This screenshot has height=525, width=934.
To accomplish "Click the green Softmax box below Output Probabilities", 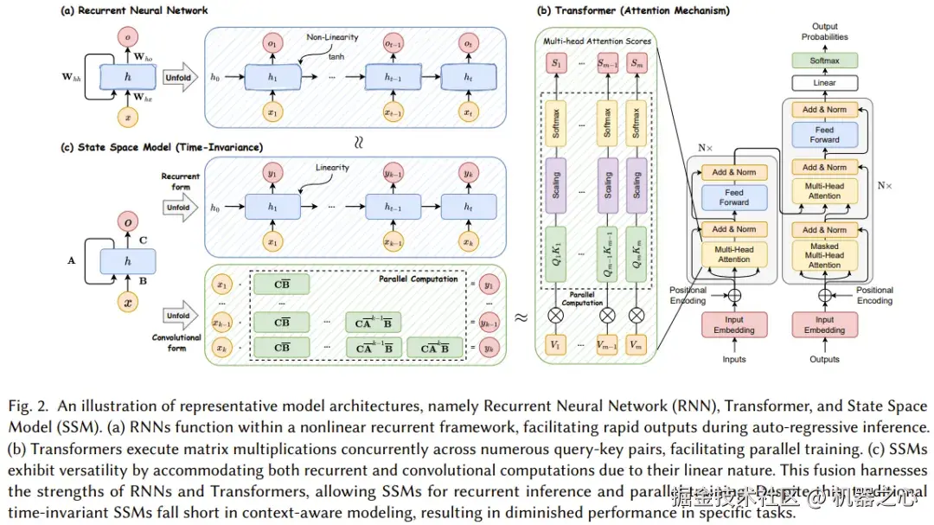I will (x=824, y=61).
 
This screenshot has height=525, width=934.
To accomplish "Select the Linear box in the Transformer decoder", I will (x=824, y=83).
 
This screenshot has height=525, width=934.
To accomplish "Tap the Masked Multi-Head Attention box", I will (x=824, y=255).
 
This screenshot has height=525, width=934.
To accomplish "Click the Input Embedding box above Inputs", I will (x=733, y=324).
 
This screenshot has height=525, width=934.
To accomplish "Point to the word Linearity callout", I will (x=332, y=168).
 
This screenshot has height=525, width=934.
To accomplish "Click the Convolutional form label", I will (x=177, y=343).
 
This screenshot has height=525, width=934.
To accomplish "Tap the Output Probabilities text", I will (x=824, y=32).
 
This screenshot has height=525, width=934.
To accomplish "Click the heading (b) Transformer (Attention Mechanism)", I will (x=633, y=10).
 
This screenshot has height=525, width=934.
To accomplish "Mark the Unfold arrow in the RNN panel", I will (x=178, y=78).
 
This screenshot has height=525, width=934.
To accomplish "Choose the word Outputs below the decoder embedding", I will (x=824, y=359).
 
